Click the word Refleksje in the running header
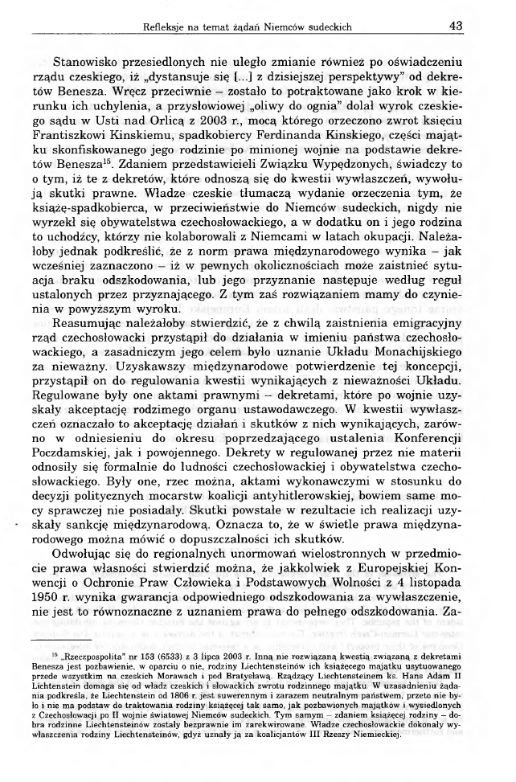pyautogui.click(x=166, y=27)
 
